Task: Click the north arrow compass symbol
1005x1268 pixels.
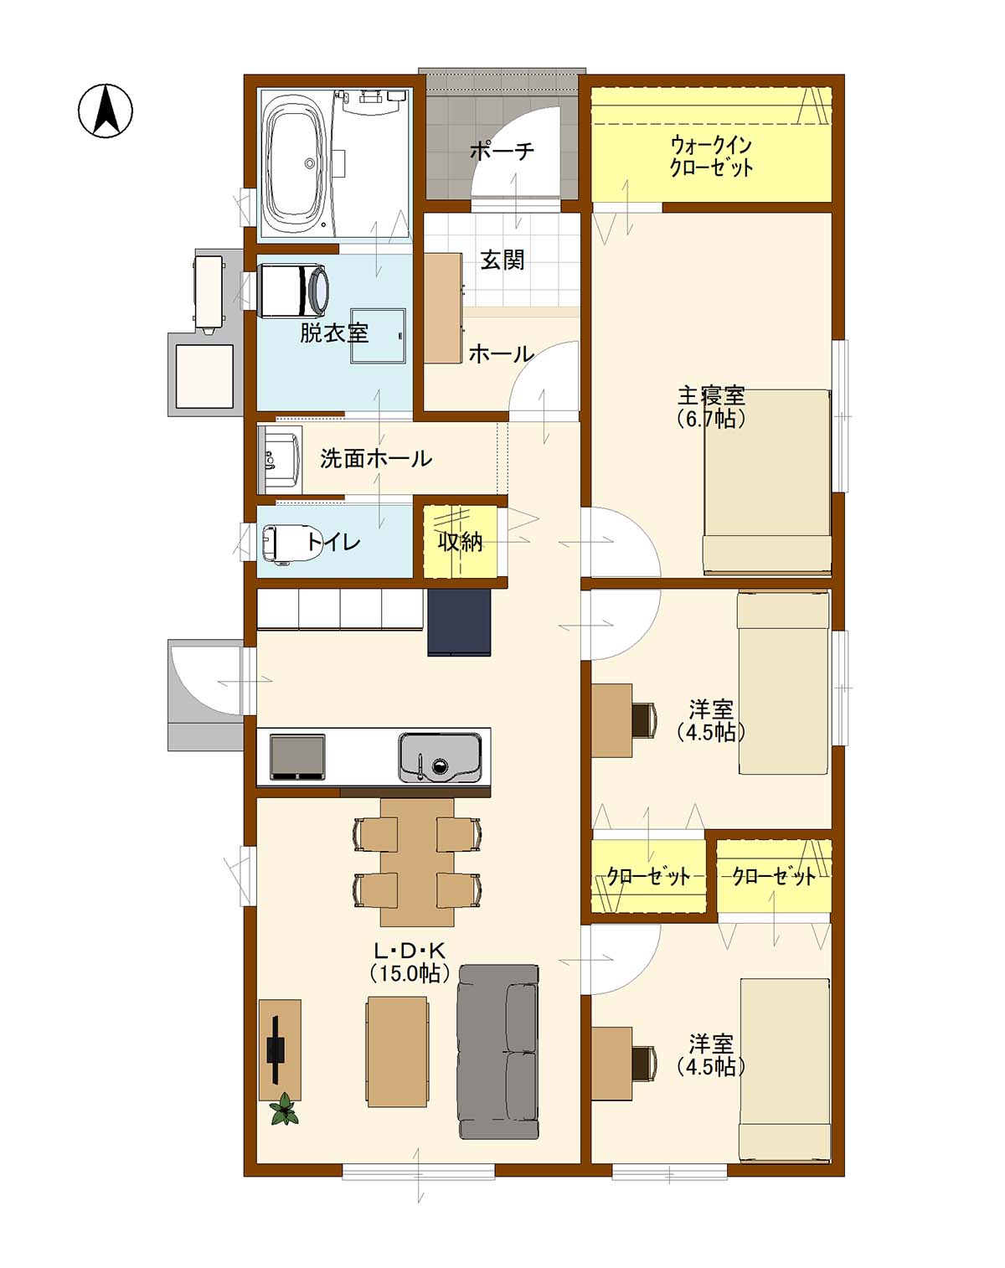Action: click(106, 111)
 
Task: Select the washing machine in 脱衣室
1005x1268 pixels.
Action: click(293, 290)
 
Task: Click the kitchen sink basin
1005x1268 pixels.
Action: click(440, 758)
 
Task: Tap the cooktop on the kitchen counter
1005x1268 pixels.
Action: click(297, 757)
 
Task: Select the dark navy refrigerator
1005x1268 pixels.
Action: click(459, 622)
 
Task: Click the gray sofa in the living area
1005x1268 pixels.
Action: click(498, 1053)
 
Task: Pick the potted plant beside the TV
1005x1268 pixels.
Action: click(285, 1110)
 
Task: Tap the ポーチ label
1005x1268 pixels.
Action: click(502, 152)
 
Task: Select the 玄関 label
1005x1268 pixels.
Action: click(502, 260)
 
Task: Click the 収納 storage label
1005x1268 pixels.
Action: click(461, 542)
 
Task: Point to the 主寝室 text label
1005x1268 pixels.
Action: click(712, 394)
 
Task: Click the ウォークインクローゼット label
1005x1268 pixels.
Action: click(712, 156)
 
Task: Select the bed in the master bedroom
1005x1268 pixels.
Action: click(767, 481)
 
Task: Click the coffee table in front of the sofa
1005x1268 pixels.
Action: click(397, 1052)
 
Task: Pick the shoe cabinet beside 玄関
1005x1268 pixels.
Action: click(443, 308)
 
